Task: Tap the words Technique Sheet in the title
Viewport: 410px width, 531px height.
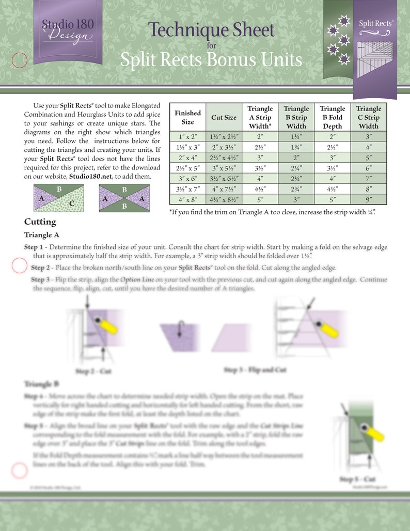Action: pyautogui.click(x=211, y=29)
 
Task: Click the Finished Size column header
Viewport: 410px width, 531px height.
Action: pyautogui.click(x=187, y=117)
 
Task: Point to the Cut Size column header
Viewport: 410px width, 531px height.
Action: pyautogui.click(x=224, y=117)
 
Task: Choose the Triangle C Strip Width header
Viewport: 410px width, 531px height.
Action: pyautogui.click(x=368, y=117)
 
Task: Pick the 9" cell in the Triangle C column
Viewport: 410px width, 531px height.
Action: pyautogui.click(x=368, y=199)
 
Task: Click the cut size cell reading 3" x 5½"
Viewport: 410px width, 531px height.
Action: pyautogui.click(x=224, y=168)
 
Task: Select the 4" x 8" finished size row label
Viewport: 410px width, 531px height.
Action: pyautogui.click(x=187, y=199)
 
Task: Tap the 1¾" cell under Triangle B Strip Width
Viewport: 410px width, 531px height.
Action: pyautogui.click(x=296, y=147)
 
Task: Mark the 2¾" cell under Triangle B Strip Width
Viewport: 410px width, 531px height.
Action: pyautogui.click(x=296, y=189)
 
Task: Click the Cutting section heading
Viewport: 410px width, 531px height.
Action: pyautogui.click(x=40, y=222)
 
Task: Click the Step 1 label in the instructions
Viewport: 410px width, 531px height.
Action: pyautogui.click(x=36, y=247)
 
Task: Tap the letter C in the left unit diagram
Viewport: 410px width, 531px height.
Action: pyautogui.click(x=72, y=204)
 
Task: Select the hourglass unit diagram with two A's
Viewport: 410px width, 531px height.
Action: pyautogui.click(x=124, y=198)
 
